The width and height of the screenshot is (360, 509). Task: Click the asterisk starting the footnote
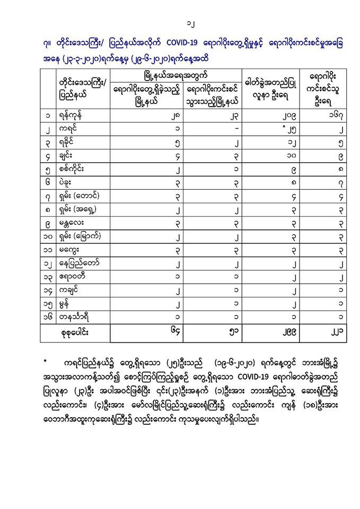pyautogui.click(x=46, y=363)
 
